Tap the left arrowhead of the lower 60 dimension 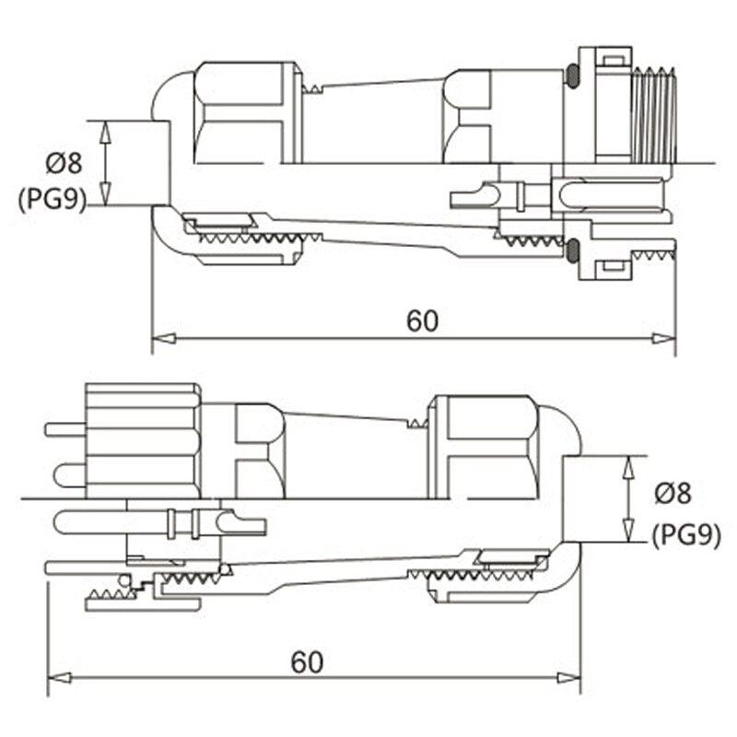tap(54, 678)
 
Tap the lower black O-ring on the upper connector tap(573, 249)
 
